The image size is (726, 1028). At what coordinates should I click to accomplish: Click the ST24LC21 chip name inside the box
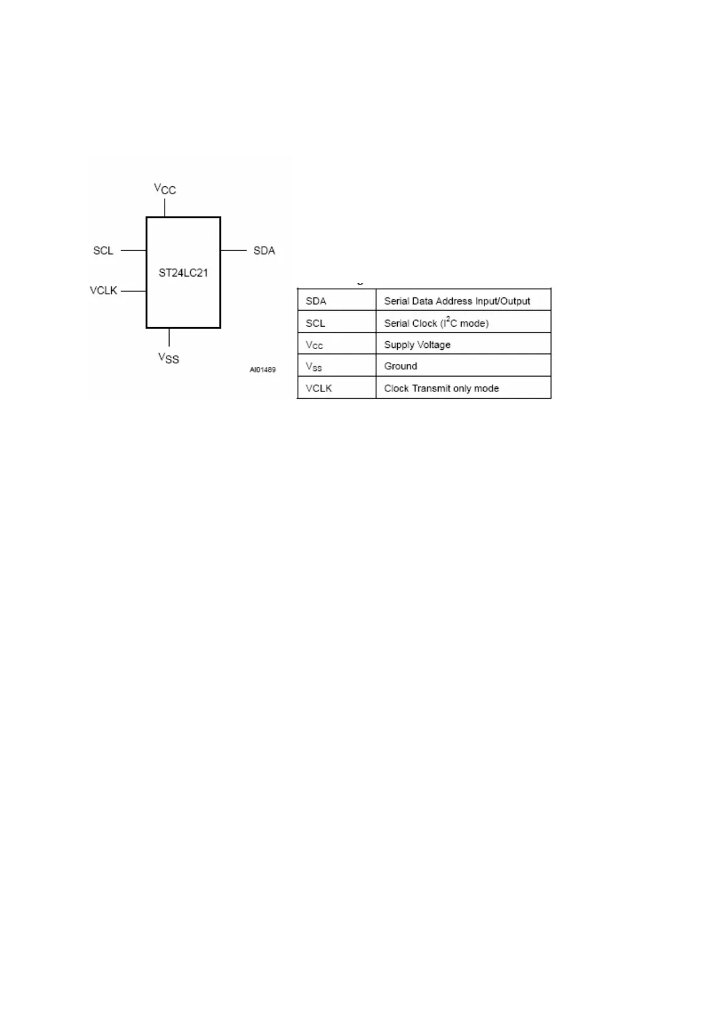pyautogui.click(x=183, y=273)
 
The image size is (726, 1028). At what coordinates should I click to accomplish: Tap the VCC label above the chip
pyautogui.click(x=165, y=189)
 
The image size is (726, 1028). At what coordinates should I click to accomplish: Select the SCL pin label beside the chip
pyautogui.click(x=103, y=250)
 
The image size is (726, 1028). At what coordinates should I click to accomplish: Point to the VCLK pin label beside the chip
pyautogui.click(x=103, y=291)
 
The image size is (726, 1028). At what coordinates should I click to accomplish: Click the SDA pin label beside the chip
pyautogui.click(x=264, y=250)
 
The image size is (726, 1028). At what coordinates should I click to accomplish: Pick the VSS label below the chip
pyautogui.click(x=168, y=358)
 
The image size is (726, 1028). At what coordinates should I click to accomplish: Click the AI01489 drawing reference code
pyautogui.click(x=262, y=370)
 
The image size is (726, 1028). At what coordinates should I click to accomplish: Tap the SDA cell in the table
pyautogui.click(x=316, y=301)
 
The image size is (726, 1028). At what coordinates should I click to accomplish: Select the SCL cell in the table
pyautogui.click(x=315, y=323)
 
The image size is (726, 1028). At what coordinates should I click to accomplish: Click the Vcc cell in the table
pyautogui.click(x=314, y=345)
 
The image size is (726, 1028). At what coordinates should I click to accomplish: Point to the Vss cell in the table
pyautogui.click(x=314, y=367)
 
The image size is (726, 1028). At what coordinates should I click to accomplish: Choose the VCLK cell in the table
pyautogui.click(x=319, y=388)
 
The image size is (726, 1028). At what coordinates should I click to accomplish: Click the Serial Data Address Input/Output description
pyautogui.click(x=457, y=301)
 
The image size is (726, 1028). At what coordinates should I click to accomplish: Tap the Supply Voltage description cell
pyautogui.click(x=417, y=345)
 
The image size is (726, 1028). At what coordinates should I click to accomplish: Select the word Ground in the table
pyautogui.click(x=401, y=366)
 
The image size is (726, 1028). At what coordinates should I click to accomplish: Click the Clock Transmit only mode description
pyautogui.click(x=441, y=388)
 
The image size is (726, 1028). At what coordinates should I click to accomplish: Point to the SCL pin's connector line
pyautogui.click(x=134, y=250)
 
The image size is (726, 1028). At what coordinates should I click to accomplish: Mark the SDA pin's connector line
pyautogui.click(x=233, y=250)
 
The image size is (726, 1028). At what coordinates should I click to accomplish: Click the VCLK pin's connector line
pyautogui.click(x=134, y=291)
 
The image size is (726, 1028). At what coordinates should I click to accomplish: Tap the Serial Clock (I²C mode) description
pyautogui.click(x=436, y=323)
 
